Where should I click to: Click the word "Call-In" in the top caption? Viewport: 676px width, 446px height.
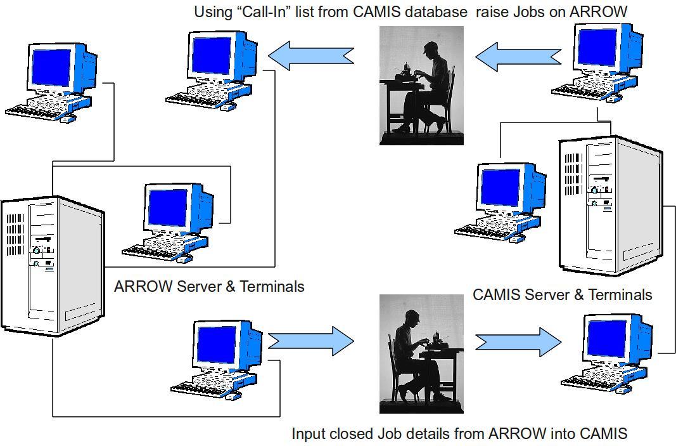click(x=266, y=11)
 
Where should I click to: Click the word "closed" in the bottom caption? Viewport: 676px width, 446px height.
click(x=351, y=433)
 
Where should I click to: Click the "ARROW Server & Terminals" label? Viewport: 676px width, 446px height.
click(x=209, y=286)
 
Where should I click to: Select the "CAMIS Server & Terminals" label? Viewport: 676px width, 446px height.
click(x=562, y=294)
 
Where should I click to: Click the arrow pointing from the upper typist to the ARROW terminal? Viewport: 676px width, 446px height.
click(x=310, y=56)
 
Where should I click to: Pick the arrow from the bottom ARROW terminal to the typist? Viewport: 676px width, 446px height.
click(x=310, y=341)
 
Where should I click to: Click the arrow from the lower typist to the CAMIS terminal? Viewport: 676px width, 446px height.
click(x=518, y=342)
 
